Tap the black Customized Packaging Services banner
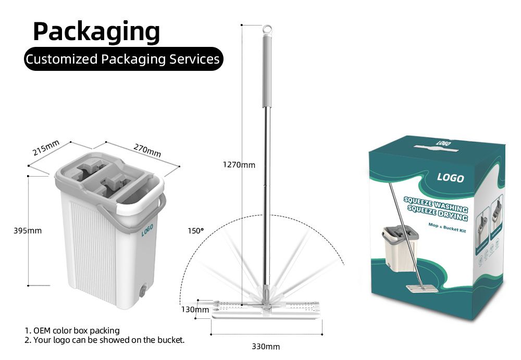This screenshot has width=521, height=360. pos(123,59)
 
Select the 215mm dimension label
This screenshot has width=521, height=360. pos(46,148)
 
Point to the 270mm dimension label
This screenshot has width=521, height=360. pos(147,150)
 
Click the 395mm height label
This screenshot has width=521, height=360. pos(27,230)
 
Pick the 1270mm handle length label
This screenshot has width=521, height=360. pos(239,165)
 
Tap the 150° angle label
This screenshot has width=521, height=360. pos(196,230)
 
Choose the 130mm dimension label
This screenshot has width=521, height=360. pos(195,309)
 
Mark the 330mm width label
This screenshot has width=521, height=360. pos(266,346)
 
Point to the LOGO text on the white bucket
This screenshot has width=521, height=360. pos(147,230)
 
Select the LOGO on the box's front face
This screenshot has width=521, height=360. pos(450,178)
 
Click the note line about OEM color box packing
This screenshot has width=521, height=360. pos(72,330)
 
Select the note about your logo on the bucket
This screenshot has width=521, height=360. pos(105,340)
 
